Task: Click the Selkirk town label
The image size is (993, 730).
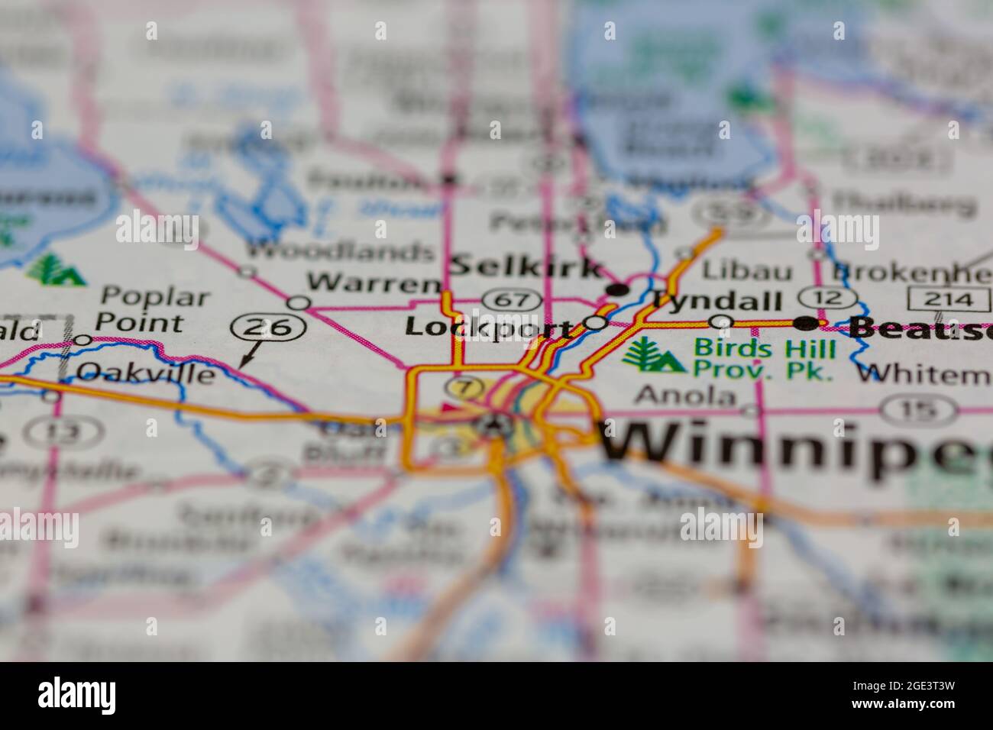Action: [526, 267]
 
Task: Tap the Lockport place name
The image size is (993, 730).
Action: [489, 328]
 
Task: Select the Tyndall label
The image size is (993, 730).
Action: [716, 300]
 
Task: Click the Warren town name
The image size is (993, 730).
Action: [374, 283]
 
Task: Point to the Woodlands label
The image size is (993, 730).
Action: [340, 250]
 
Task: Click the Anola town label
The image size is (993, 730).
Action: [686, 396]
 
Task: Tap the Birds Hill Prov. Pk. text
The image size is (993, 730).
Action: [764, 360]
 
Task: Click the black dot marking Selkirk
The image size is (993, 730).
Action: [617, 289]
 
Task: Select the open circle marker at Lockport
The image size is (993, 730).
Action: [595, 323]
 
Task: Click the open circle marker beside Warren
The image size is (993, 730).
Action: [299, 303]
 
